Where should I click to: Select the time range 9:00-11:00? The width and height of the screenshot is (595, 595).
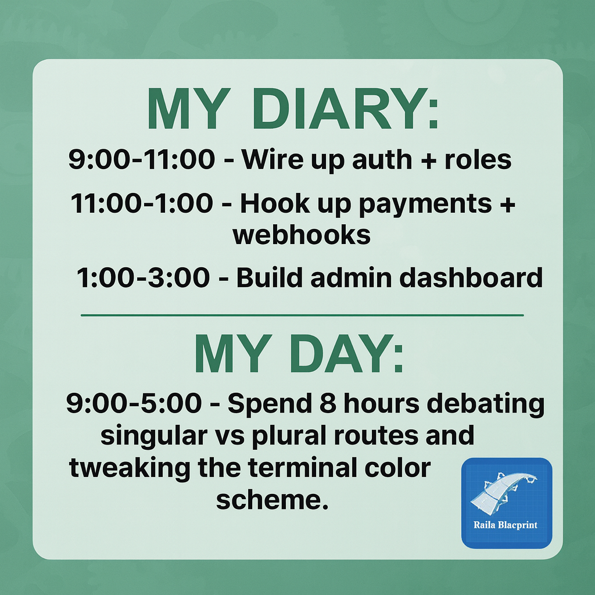[141, 160]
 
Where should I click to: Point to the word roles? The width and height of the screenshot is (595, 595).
[478, 160]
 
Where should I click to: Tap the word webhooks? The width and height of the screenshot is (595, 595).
[301, 235]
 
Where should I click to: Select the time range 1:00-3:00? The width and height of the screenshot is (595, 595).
[143, 278]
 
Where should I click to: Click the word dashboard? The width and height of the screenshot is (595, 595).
[470, 278]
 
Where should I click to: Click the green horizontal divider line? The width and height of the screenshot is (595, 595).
[302, 315]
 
